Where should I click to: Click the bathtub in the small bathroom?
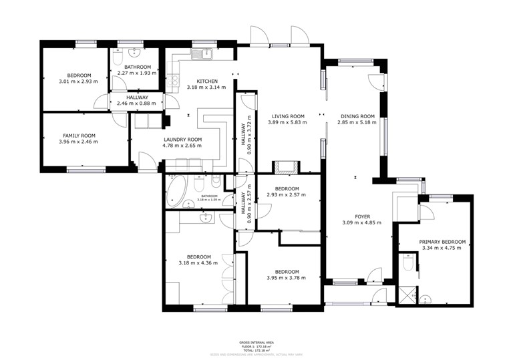click(x=178, y=190)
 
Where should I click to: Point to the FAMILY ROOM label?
click(x=78, y=135)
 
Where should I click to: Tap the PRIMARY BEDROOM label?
click(x=442, y=242)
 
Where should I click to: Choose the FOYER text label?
click(x=362, y=216)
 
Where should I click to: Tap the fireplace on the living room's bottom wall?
click(x=287, y=167)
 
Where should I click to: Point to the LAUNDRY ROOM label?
click(x=182, y=140)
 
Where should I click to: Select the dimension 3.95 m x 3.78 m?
click(x=286, y=278)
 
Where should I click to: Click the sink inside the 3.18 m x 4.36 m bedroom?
click(x=206, y=218)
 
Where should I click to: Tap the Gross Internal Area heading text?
click(x=254, y=342)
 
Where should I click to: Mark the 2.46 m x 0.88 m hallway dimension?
click(x=136, y=104)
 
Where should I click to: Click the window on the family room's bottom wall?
click(x=86, y=170)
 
